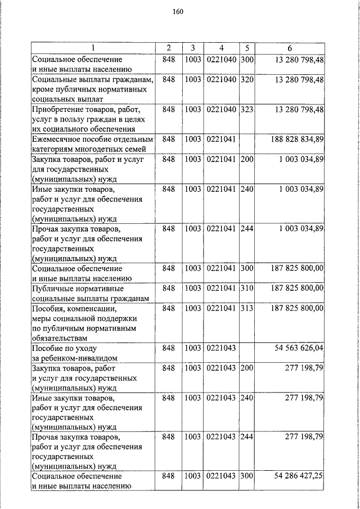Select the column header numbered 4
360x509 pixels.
click(222, 48)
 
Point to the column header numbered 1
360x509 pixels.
click(93, 48)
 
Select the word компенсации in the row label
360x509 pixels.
click(94, 309)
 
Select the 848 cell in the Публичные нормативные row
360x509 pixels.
click(169, 288)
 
